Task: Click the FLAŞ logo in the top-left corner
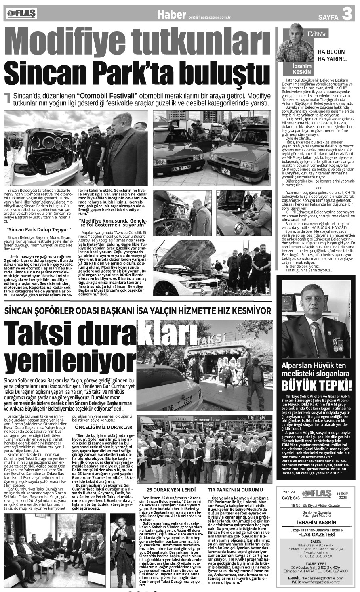click(21, 14)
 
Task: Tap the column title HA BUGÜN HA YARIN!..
click(331, 56)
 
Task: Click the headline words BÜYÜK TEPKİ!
click(316, 384)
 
